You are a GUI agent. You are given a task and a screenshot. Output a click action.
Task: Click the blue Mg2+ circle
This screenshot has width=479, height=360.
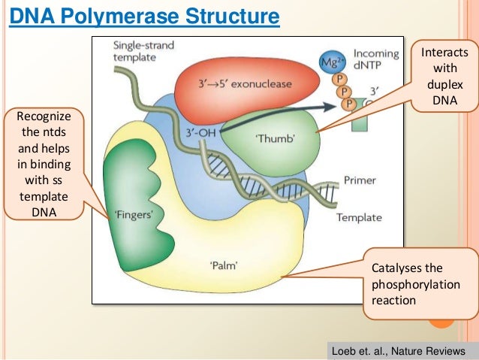point(332,62)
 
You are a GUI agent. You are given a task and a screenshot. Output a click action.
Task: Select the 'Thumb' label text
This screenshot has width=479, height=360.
point(275,138)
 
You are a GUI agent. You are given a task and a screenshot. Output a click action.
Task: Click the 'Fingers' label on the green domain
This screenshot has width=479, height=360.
point(134,214)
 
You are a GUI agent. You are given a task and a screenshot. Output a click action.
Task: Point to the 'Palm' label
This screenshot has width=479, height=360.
point(224,265)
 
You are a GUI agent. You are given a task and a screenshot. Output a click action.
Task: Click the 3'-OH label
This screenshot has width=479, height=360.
point(201,133)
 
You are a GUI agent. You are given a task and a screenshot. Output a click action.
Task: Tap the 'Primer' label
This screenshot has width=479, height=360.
point(360,180)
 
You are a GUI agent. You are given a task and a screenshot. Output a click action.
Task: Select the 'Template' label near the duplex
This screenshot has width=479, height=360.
point(359,217)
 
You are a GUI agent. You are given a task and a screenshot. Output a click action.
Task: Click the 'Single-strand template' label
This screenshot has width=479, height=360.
point(143,51)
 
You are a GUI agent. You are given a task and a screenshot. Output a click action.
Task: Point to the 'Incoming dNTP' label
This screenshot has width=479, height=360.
point(376,59)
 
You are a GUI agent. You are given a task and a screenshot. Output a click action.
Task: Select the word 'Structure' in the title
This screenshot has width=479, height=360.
point(233,16)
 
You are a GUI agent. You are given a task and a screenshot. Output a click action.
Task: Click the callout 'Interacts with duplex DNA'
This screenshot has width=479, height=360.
point(444,76)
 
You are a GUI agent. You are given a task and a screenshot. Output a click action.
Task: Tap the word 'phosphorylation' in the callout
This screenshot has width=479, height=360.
point(416,284)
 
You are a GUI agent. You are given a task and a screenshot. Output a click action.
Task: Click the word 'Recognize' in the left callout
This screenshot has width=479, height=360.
point(44,116)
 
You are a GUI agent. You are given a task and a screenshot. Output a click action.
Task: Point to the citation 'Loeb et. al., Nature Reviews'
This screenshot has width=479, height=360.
point(399,351)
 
